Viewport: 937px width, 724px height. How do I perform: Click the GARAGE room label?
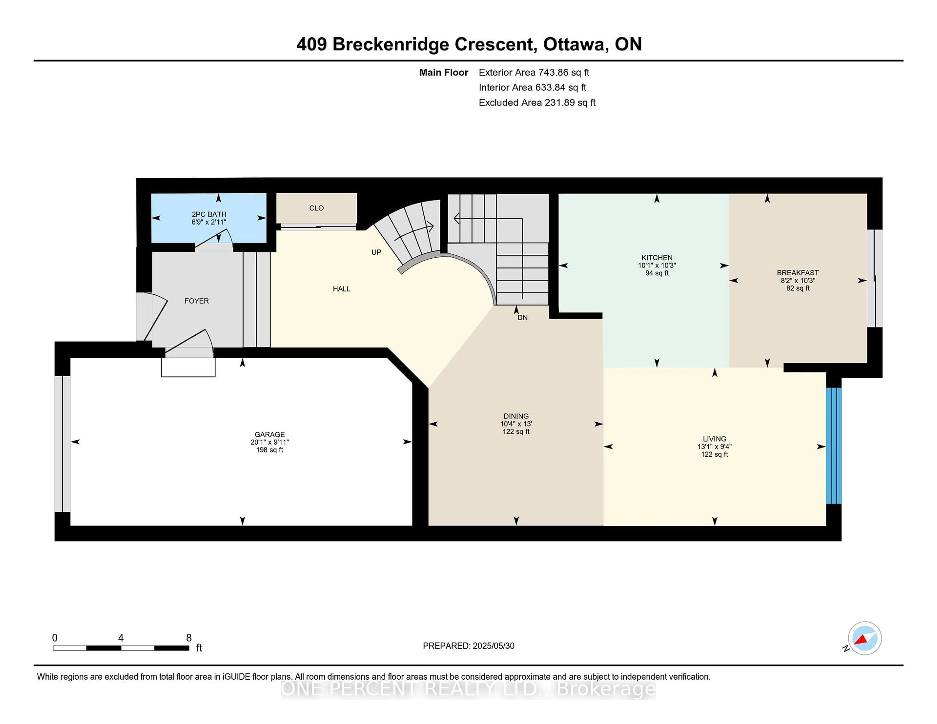point(269,434)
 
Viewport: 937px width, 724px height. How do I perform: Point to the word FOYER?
point(196,301)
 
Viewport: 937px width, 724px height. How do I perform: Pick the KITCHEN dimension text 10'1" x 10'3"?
point(657,265)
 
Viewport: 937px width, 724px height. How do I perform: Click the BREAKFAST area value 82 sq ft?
point(798,288)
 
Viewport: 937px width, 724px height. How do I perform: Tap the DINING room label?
point(516,416)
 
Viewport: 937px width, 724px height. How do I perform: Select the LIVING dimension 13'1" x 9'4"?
point(714,446)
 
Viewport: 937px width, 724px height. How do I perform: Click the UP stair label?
point(376,252)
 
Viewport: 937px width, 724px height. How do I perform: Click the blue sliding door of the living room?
point(834,446)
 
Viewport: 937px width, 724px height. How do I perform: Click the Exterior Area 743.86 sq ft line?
point(534,72)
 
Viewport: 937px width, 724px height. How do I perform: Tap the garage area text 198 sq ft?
point(269,450)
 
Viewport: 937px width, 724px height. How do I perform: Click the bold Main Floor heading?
point(444,72)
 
